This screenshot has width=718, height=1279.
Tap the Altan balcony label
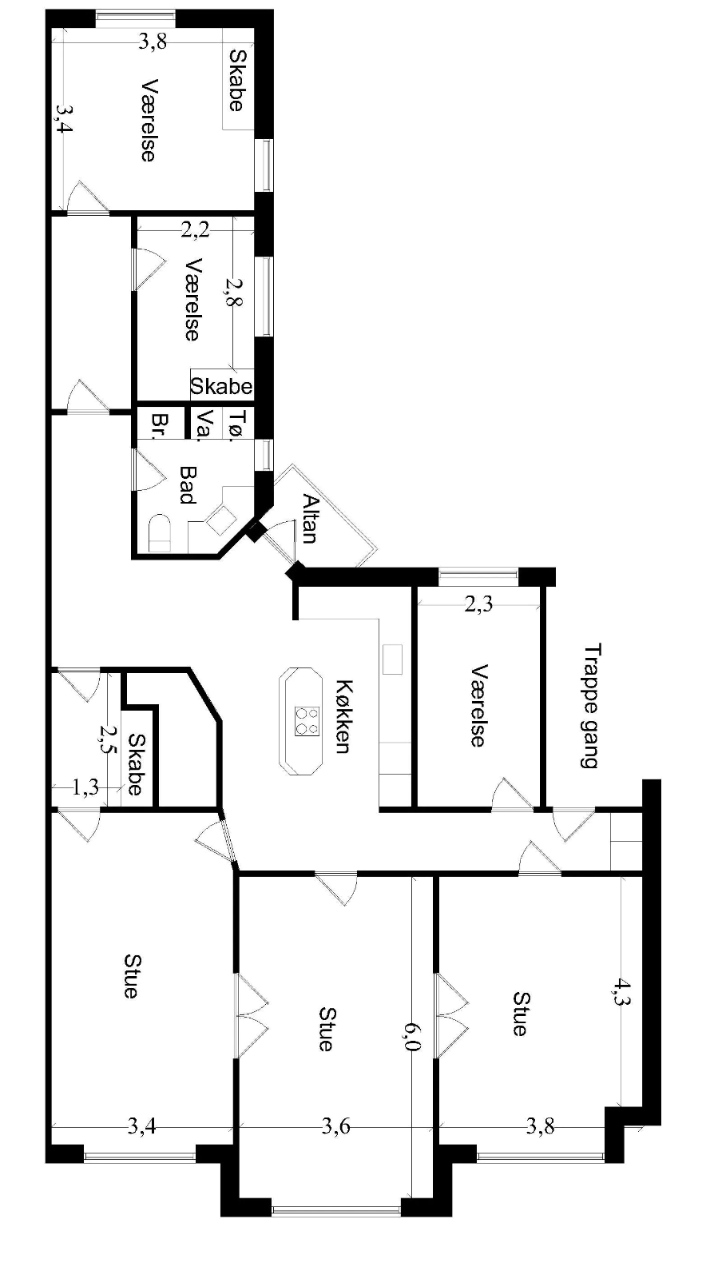tap(310, 518)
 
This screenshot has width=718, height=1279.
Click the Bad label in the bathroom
tap(188, 484)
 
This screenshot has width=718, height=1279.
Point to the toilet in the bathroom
tap(160, 533)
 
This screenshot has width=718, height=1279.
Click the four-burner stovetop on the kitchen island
tap(307, 721)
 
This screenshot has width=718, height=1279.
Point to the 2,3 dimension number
tap(478, 604)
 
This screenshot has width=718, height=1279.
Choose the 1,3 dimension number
tap(85, 788)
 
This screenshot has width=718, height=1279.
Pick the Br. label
tap(161, 425)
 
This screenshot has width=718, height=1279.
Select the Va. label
tap(204, 425)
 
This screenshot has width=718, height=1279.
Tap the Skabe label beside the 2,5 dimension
tap(137, 764)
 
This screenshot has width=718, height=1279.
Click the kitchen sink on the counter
tap(392, 659)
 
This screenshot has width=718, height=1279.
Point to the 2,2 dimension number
tap(196, 229)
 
